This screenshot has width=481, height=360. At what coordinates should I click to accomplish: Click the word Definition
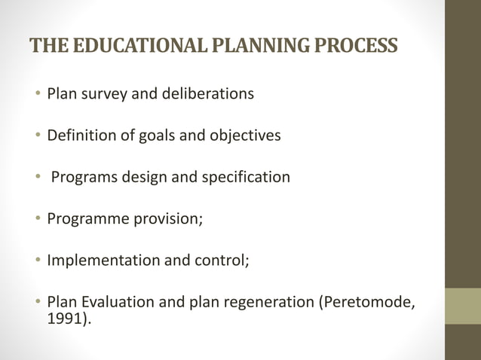point(81,136)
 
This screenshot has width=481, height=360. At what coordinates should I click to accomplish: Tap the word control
point(219,261)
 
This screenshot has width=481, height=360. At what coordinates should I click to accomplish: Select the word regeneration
point(268,303)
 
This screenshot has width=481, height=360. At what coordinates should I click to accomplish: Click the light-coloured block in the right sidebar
point(462,306)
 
